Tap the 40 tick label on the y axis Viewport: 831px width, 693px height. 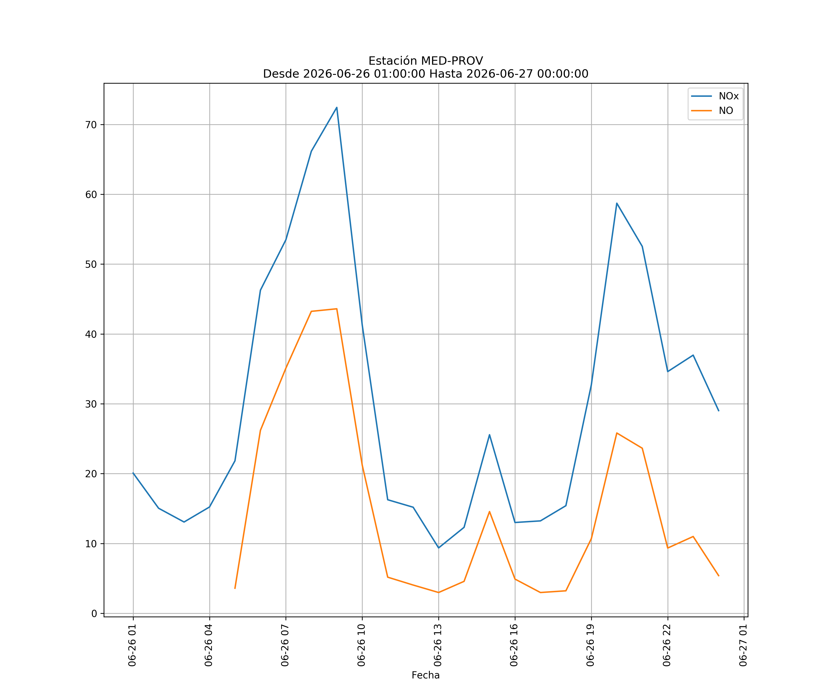coord(91,334)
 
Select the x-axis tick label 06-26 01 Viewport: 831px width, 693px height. coord(132,645)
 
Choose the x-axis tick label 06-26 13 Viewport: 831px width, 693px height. coord(438,645)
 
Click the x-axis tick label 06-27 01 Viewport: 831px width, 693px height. coord(743,645)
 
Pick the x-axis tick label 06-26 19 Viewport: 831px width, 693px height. coord(590,645)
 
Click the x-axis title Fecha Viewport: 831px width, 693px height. coord(425,675)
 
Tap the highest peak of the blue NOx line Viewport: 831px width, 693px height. coord(337,107)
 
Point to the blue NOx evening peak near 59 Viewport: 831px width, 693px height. coord(617,203)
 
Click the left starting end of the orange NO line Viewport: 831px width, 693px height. coord(235,588)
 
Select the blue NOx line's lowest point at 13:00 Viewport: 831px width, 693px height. coord(438,548)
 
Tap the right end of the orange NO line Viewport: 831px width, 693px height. coord(719,576)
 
